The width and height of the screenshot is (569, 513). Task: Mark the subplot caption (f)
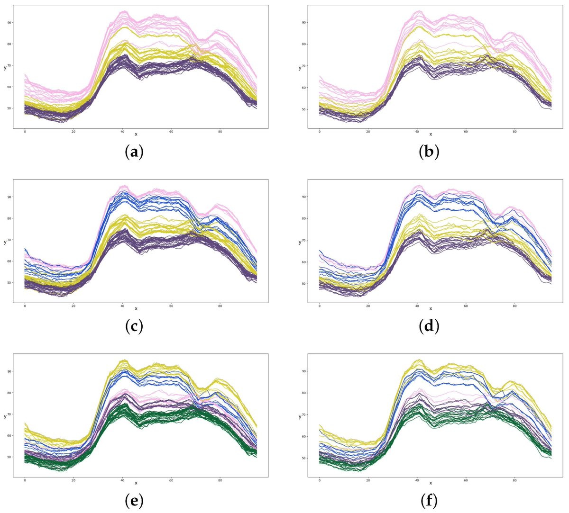[429, 500]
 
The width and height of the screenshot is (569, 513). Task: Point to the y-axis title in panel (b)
[300, 68]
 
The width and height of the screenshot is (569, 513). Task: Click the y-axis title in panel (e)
[5, 416]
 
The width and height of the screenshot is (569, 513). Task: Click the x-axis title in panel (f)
[431, 483]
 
